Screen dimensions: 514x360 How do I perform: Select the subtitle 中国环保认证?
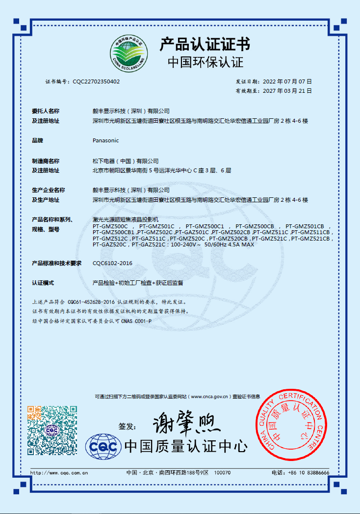[x=206, y=62]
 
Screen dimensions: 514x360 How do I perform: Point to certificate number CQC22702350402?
[x=96, y=81]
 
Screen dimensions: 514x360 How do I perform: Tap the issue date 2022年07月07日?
[x=287, y=81]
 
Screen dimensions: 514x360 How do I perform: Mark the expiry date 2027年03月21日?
[x=287, y=91]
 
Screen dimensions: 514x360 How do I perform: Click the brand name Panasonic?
[x=105, y=140]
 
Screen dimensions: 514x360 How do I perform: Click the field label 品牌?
[x=38, y=140]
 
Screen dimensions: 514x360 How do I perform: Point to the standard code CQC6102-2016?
[x=112, y=264]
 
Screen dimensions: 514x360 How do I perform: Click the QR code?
[x=52, y=430]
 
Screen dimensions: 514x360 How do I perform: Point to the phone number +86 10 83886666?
[x=308, y=473]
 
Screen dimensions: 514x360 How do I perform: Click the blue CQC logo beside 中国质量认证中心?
[x=103, y=447]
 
